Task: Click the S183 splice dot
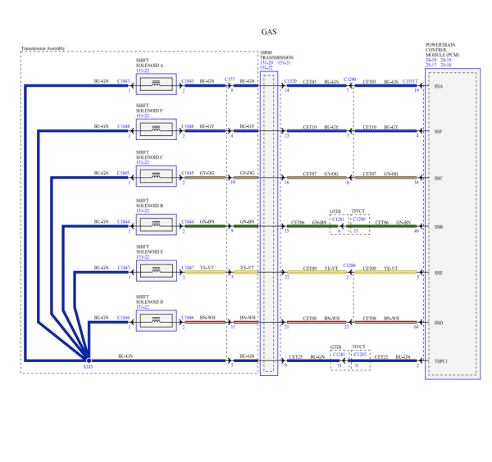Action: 88,359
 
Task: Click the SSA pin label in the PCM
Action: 439,86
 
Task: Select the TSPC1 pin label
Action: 441,361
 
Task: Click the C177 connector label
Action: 229,80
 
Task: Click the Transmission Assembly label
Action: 43,49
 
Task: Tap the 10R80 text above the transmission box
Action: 266,52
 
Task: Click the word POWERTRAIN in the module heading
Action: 441,44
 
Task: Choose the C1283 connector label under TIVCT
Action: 359,354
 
